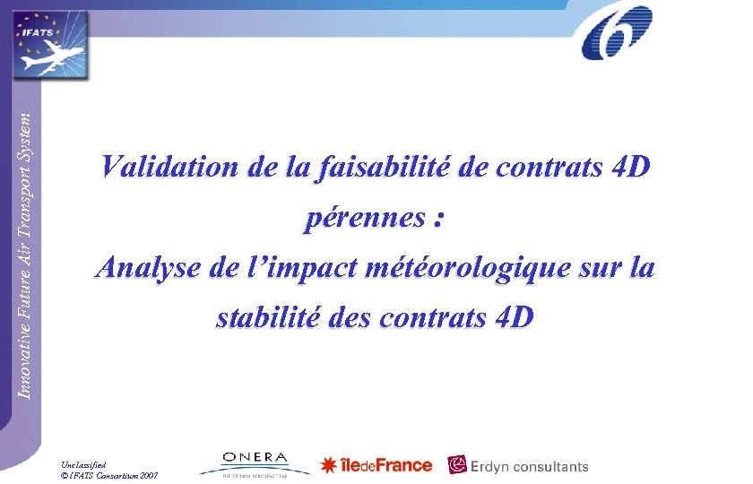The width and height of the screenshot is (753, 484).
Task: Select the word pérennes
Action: coord(362,218)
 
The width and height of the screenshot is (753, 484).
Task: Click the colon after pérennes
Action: coord(437,220)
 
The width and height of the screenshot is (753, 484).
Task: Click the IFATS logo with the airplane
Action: coord(49,44)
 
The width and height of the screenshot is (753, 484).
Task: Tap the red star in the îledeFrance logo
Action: coord(329,465)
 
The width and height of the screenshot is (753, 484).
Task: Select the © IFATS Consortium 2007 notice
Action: coord(109,475)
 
